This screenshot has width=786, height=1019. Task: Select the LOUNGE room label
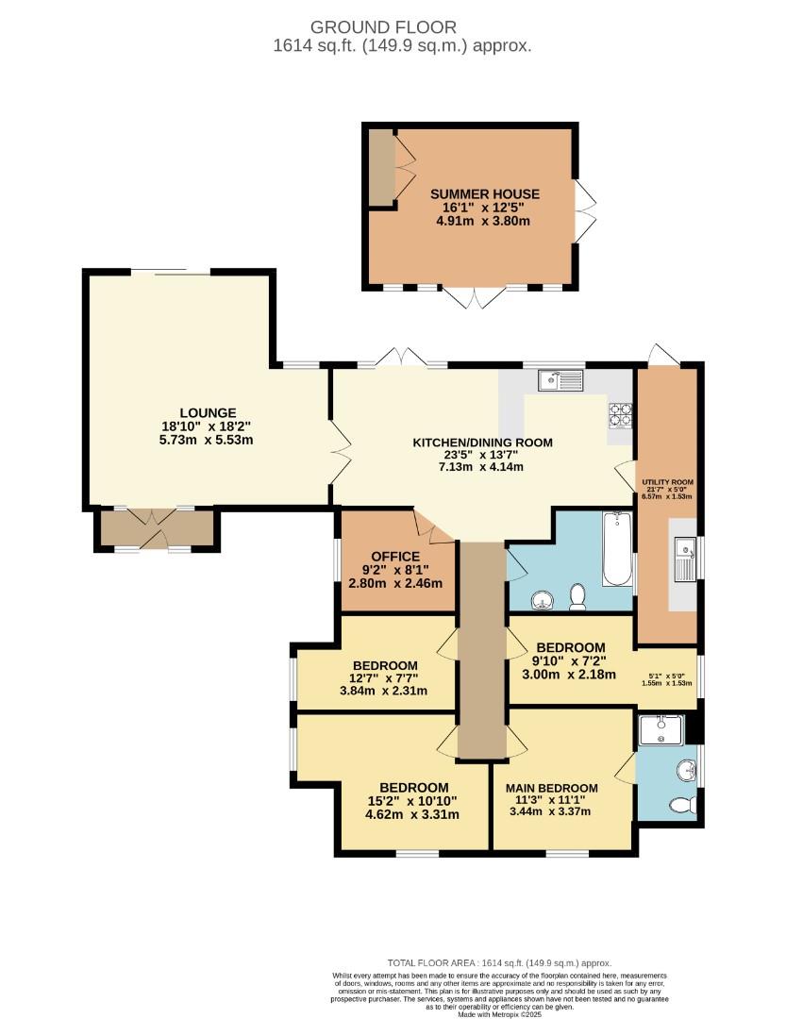pyautogui.click(x=208, y=412)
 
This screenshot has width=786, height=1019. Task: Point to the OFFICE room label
pyautogui.click(x=394, y=557)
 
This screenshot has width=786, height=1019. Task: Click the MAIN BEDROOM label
pyautogui.click(x=551, y=789)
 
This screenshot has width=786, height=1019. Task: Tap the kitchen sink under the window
pyautogui.click(x=561, y=380)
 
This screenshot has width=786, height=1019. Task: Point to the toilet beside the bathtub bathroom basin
pyautogui.click(x=577, y=595)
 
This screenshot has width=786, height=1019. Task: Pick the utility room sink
pyautogui.click(x=684, y=548)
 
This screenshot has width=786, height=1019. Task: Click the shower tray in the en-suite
pyautogui.click(x=661, y=730)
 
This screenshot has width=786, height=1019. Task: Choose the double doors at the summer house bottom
pyautogui.click(x=477, y=297)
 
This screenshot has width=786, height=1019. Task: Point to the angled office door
pyautogui.click(x=434, y=528)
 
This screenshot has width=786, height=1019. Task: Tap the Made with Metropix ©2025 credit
pyautogui.click(x=499, y=1014)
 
